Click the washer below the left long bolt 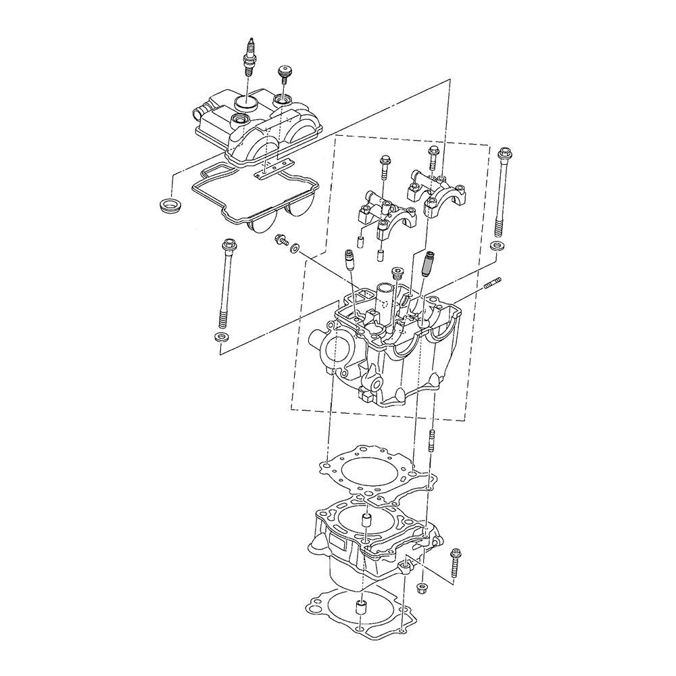220,337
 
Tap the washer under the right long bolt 497,245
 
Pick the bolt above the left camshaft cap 384,169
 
